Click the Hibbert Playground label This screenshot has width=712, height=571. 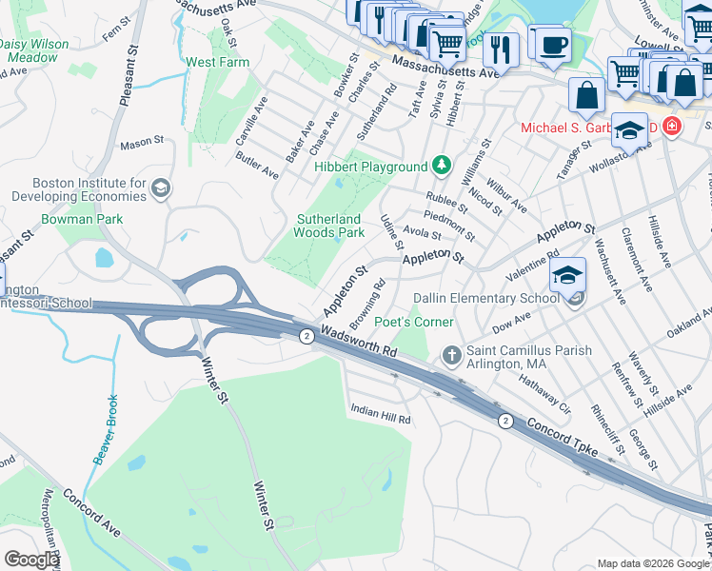[x=370, y=167]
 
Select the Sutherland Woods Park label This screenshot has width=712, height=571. [x=328, y=226]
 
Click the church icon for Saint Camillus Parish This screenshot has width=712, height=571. [x=453, y=357]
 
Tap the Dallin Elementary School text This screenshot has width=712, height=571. [x=485, y=298]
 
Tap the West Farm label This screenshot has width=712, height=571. [x=217, y=63]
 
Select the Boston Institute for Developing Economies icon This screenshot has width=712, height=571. [x=160, y=187]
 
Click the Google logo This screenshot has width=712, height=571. [x=30, y=560]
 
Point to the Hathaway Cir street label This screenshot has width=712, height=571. [x=544, y=394]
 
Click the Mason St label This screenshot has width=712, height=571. [x=142, y=143]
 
